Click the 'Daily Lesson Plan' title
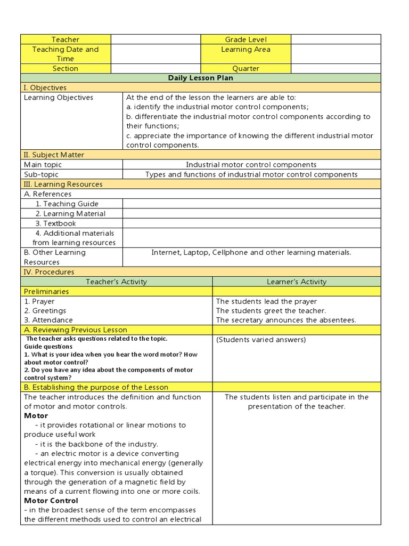[201, 78]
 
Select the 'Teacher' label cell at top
[66, 39]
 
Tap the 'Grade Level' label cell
[246, 39]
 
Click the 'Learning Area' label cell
[246, 50]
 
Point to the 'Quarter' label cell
[246, 68]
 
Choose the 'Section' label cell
[66, 68]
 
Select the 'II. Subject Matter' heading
[54, 155]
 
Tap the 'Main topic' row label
[43, 165]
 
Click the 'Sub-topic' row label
[41, 174]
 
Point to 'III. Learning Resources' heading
[63, 184]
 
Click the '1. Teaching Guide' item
[67, 204]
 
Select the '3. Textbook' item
[56, 223]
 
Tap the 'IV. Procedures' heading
[49, 272]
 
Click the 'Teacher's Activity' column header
[117, 282]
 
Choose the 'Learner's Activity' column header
[297, 282]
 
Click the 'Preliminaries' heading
[46, 292]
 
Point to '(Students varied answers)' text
[261, 340]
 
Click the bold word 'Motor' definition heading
[36, 416]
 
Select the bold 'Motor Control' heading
[51, 501]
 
